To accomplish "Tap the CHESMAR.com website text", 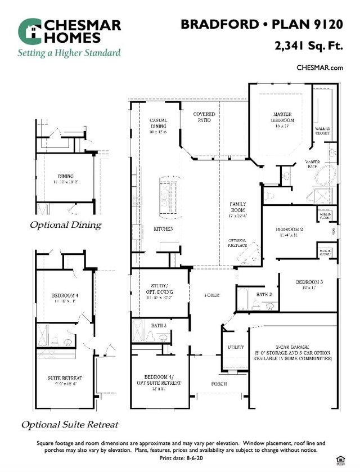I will (x=319, y=68).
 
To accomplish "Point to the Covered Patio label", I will (x=204, y=117).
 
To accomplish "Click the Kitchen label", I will (x=163, y=229).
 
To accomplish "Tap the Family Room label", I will (x=238, y=206).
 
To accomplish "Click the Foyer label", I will (x=211, y=295).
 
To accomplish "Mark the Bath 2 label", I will (x=264, y=294).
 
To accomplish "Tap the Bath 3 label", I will (x=159, y=326).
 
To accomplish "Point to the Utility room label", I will (x=236, y=347).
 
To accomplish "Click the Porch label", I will (x=219, y=384).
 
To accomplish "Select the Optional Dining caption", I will (x=65, y=225).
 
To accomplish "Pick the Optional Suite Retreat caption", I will (x=70, y=424).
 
